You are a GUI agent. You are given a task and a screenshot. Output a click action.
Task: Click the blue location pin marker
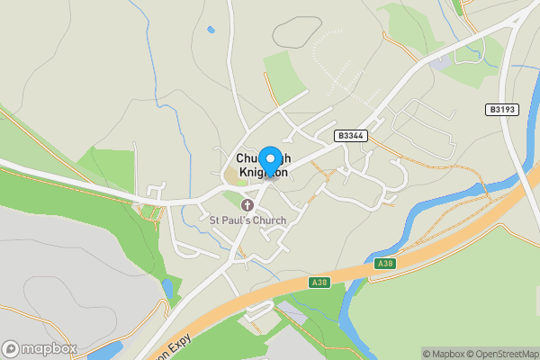pyautogui.click(x=269, y=159)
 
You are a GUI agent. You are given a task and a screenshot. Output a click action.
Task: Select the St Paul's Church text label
pyautogui.click(x=247, y=220)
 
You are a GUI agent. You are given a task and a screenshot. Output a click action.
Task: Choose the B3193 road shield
pyautogui.click(x=503, y=110)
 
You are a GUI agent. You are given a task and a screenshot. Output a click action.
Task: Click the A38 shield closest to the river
pyautogui.click(x=384, y=264)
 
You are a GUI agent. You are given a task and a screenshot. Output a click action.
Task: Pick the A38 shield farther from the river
pyautogui.click(x=318, y=283)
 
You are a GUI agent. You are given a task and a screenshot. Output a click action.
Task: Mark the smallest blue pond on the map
pyautogui.click(x=211, y=30)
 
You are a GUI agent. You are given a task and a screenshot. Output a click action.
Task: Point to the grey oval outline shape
pyautogui.click(x=296, y=32)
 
